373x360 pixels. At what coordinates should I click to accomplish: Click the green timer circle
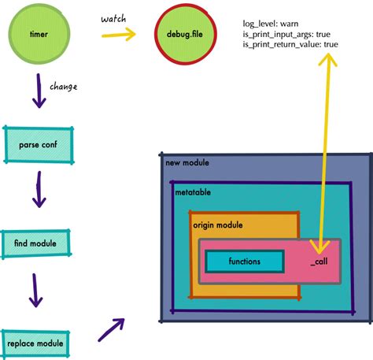coord(38,35)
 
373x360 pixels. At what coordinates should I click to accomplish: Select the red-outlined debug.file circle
coord(182,35)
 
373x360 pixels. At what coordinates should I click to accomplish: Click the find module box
coord(35,244)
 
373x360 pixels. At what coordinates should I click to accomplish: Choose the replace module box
coord(35,343)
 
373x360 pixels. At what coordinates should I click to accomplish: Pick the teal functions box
coord(244,262)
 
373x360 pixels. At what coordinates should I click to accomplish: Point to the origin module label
coord(218,225)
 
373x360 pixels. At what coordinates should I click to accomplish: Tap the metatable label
coord(193,192)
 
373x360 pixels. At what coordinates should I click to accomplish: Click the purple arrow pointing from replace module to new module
coord(112,329)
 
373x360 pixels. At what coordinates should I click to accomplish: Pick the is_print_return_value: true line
coord(291,45)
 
